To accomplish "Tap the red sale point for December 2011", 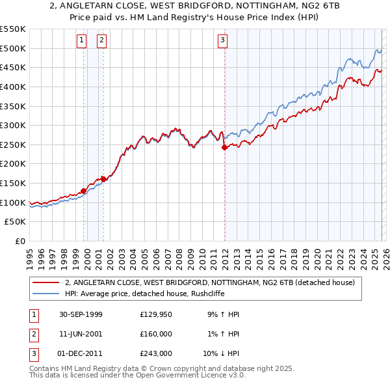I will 224,148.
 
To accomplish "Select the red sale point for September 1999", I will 84,191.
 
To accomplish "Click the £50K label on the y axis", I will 16,222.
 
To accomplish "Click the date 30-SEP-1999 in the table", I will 77,314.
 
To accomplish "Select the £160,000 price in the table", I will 155,334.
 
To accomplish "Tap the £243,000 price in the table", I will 155,353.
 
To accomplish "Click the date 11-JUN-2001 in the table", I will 77,334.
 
